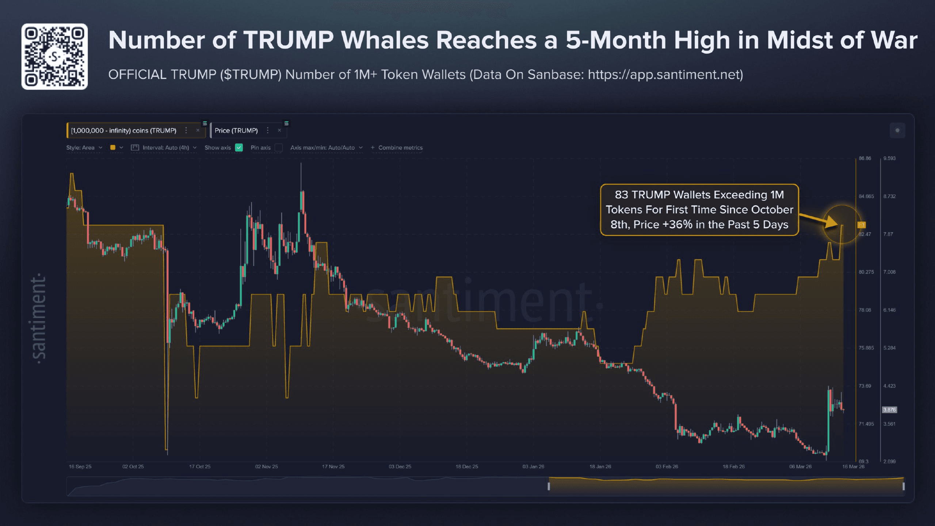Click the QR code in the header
(54, 57)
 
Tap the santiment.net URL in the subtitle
(665, 75)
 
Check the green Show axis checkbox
(239, 148)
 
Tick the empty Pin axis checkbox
(279, 148)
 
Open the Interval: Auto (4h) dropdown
(166, 148)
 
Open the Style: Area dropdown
(84, 148)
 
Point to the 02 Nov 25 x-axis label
(266, 466)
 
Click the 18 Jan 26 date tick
(600, 466)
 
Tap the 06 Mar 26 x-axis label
(800, 466)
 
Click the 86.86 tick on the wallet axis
(865, 159)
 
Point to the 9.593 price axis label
(889, 159)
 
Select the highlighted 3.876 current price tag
(889, 410)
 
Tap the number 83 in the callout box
(622, 195)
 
